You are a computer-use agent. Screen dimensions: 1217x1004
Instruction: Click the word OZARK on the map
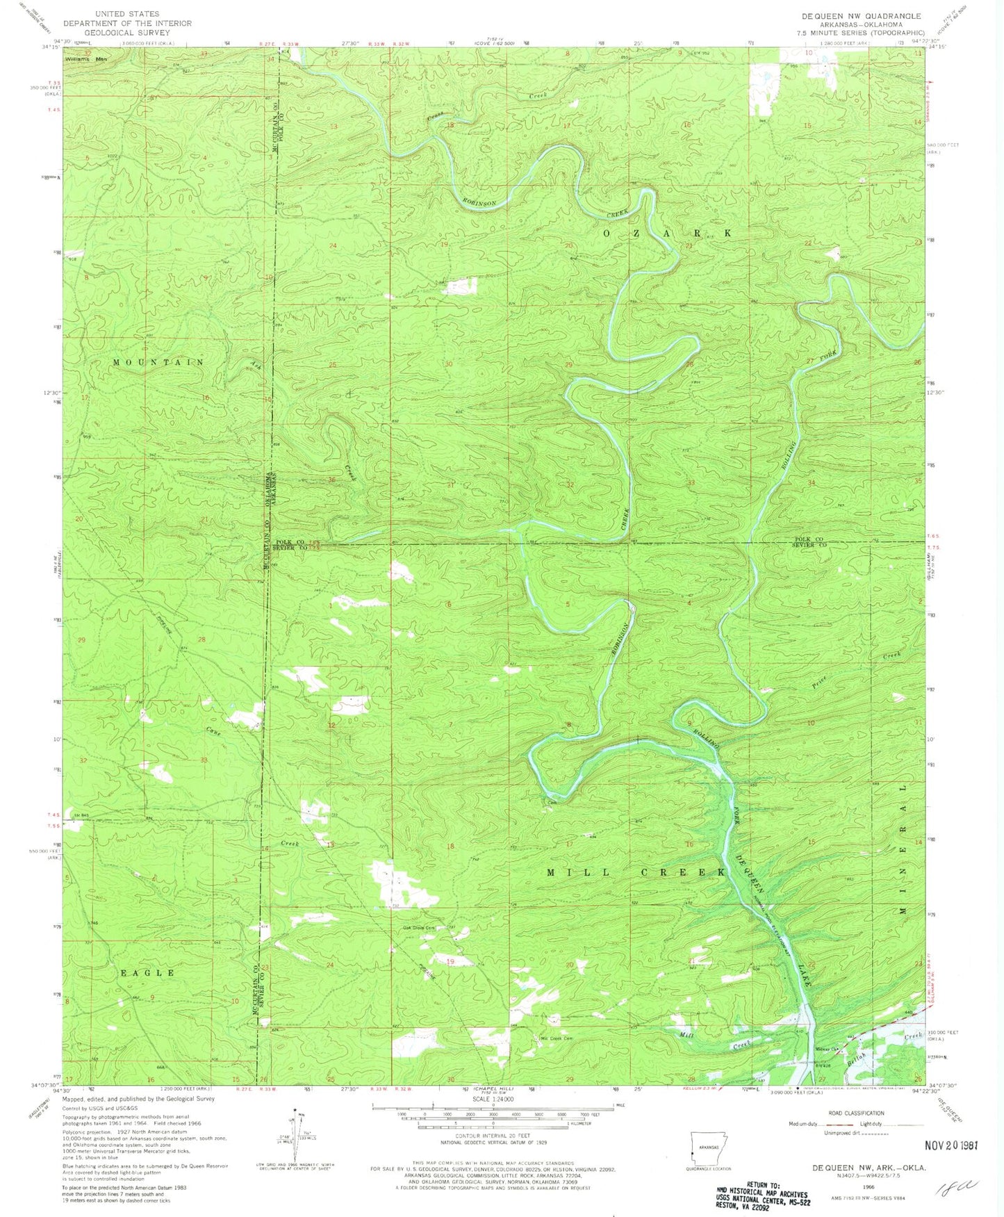pyautogui.click(x=666, y=234)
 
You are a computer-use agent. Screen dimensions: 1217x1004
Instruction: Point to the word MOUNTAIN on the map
pyautogui.click(x=158, y=362)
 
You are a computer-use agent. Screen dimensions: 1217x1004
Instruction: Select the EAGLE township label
pyautogui.click(x=147, y=972)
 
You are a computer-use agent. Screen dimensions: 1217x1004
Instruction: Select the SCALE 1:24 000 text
pyautogui.click(x=493, y=1100)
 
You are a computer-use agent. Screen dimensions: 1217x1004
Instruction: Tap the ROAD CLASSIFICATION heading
pyautogui.click(x=856, y=1113)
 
